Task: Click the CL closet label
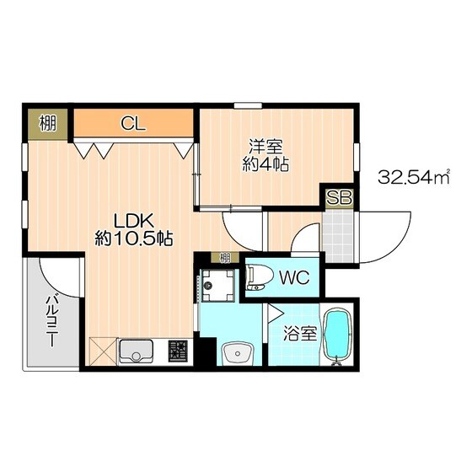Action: (133, 123)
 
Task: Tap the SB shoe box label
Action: (339, 198)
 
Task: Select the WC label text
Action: (294, 277)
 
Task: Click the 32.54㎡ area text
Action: (413, 177)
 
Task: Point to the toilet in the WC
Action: (259, 277)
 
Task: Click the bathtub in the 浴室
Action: (337, 335)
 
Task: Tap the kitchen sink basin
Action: (137, 351)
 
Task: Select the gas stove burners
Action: (178, 351)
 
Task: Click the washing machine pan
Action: (218, 286)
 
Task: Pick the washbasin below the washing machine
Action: (238, 353)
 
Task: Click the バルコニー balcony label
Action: (51, 321)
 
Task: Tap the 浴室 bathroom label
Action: (300, 333)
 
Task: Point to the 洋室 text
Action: (265, 147)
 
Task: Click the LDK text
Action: (134, 221)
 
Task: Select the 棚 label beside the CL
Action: (48, 123)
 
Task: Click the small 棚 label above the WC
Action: (225, 258)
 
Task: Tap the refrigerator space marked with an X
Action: (103, 351)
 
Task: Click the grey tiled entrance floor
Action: (338, 236)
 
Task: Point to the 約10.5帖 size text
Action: (134, 239)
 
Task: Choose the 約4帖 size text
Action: (265, 164)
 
